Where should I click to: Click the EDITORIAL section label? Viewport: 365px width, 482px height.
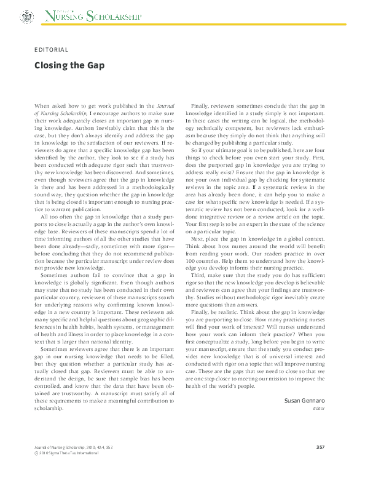(x=52, y=49)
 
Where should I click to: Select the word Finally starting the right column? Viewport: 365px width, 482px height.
(x=200, y=106)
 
